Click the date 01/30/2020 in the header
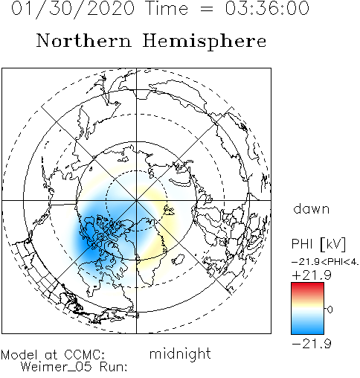tap(73, 8)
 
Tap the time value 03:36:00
tap(267, 8)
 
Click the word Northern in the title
tap(84, 40)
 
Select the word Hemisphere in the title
tap(205, 41)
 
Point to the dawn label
tap(312, 208)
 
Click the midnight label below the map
tap(180, 354)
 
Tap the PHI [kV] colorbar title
tap(318, 244)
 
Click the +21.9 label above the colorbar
tap(312, 275)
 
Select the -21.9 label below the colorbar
tap(312, 344)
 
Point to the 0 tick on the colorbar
tap(330, 310)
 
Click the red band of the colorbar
tap(307, 288)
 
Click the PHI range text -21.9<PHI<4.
tap(325, 262)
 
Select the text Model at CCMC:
tap(53, 355)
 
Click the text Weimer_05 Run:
tap(74, 367)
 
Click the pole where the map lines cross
tap(136, 200)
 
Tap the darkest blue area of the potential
tap(91, 244)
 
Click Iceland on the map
tap(178, 260)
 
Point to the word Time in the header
tap(168, 8)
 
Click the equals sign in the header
tap(206, 9)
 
